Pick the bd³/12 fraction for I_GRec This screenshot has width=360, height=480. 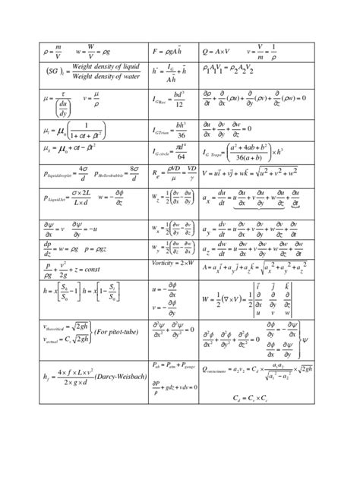tap(181, 99)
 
